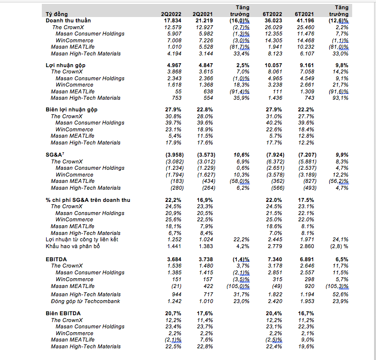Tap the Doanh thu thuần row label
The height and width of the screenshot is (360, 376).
(x=68, y=21)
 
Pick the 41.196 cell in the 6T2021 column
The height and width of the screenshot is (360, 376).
(x=306, y=21)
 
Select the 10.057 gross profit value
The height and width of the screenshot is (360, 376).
(x=273, y=65)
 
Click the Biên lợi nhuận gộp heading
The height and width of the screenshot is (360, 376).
(x=72, y=110)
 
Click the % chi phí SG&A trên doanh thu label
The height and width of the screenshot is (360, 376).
(x=88, y=200)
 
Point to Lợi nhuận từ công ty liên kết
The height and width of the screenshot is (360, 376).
(x=81, y=239)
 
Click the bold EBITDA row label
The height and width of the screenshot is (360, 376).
(x=57, y=259)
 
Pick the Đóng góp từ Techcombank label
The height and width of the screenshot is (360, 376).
(x=85, y=301)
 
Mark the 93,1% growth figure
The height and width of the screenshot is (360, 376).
(x=340, y=98)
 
